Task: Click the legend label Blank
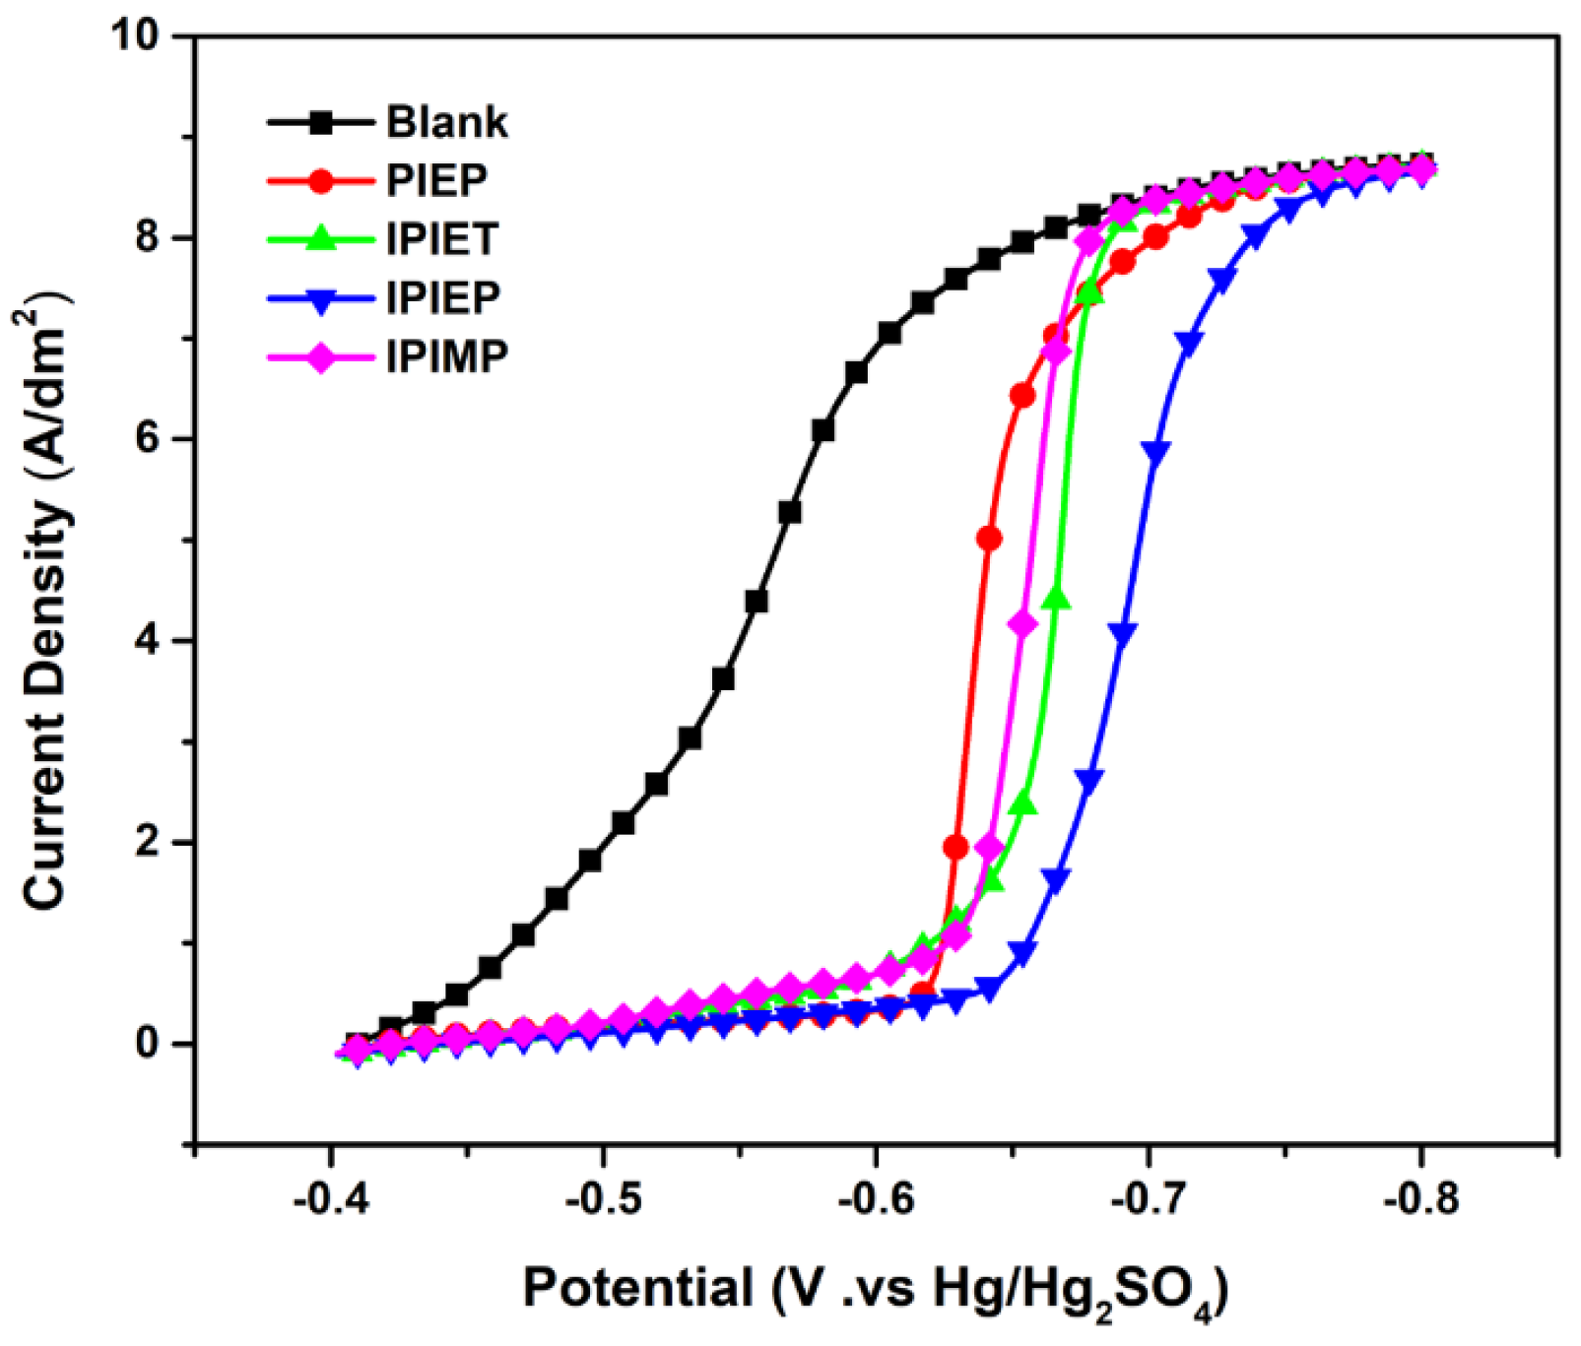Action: click(446, 123)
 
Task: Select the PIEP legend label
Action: click(436, 181)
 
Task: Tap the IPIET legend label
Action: click(442, 239)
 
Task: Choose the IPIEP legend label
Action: click(443, 297)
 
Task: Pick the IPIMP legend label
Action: click(446, 355)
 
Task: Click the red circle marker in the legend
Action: click(320, 181)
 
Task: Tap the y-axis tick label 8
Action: click(147, 238)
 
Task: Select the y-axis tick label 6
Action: click(147, 439)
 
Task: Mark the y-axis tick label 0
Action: click(147, 1043)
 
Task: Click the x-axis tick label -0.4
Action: click(332, 1201)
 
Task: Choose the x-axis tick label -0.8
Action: click(1420, 1201)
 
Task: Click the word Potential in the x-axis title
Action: click(637, 1287)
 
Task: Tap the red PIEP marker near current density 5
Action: click(989, 539)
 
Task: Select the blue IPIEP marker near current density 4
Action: click(1122, 631)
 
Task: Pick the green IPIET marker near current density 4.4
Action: click(1056, 598)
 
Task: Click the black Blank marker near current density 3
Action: click(690, 737)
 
